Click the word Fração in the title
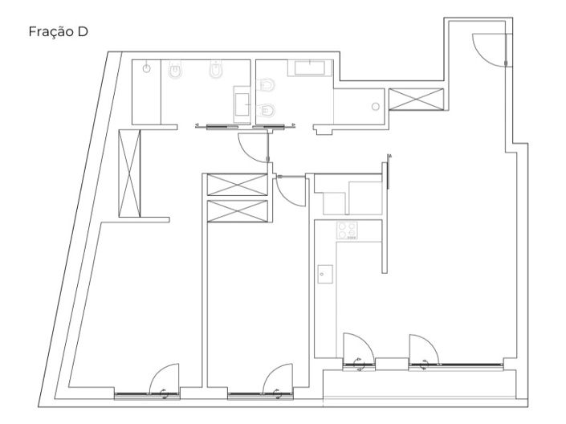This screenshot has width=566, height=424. (51, 32)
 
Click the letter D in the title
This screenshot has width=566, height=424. (83, 32)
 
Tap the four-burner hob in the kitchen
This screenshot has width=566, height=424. (347, 230)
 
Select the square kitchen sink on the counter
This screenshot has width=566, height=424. (325, 274)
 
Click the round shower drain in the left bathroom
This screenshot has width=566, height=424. (147, 68)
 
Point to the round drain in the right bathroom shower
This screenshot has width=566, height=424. (376, 107)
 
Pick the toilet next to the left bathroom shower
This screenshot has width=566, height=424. (176, 70)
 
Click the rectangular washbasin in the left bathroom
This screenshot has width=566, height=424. (242, 104)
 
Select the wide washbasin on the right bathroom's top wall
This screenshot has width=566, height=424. (310, 68)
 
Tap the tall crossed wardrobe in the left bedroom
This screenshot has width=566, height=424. (129, 173)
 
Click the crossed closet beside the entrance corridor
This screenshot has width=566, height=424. (416, 99)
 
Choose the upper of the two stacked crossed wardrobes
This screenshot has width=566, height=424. (237, 185)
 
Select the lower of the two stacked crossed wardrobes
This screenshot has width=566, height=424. (237, 211)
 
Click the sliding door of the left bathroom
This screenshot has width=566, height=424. (222, 127)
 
